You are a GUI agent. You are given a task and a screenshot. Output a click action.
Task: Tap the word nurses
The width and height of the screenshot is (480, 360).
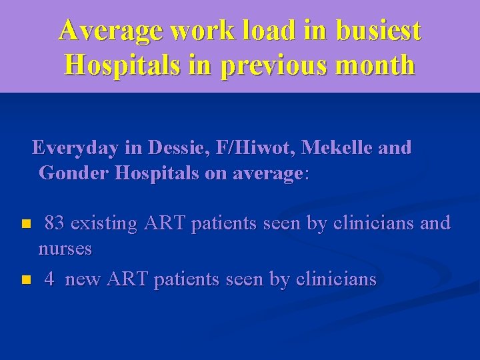(x=65, y=249)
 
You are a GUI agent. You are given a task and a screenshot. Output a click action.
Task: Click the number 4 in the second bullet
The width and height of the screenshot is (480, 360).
(x=49, y=279)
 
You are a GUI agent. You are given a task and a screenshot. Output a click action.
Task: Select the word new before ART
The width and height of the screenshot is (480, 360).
(x=83, y=279)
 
